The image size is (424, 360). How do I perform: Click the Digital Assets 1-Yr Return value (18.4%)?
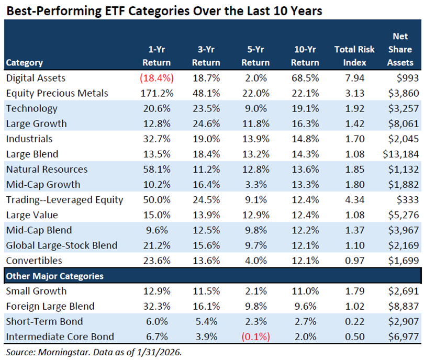(156, 78)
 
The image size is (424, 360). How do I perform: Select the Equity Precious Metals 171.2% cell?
(156, 93)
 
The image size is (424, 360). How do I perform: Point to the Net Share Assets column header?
(400, 50)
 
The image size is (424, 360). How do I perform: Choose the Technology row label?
(31, 108)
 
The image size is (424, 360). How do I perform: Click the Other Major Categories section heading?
(55, 276)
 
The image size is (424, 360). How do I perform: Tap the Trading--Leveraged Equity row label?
(64, 199)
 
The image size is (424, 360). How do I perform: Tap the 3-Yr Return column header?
(206, 56)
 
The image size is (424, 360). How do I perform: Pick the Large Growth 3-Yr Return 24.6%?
(206, 123)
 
